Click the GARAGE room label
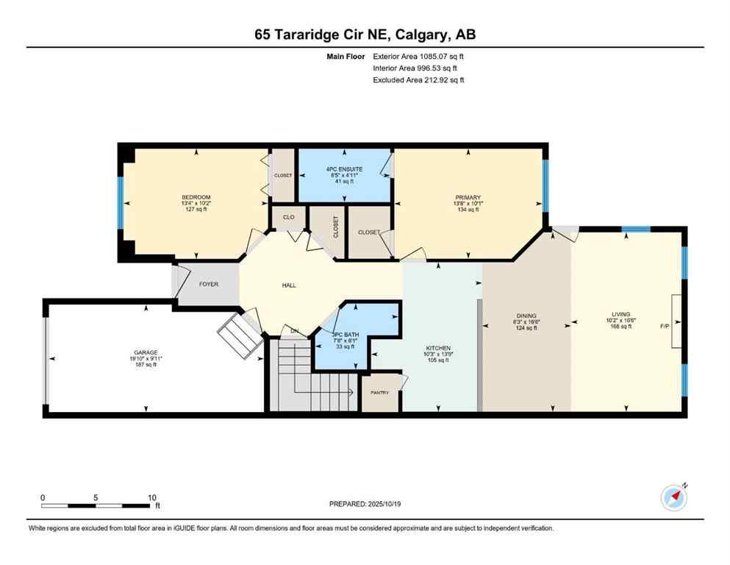pos(146,352)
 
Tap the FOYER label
pos(209,284)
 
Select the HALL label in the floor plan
pos(289,285)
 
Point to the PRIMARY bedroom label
pos(468,197)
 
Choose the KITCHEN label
pos(438,348)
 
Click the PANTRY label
pos(379,392)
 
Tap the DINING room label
pos(526,315)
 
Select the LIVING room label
pos(620,314)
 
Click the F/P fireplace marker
pos(665,325)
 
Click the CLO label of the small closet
pos(289,217)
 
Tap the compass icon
pos(673,497)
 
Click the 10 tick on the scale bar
pos(151,497)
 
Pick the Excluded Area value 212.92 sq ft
pos(437,79)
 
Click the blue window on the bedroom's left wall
pos(121,202)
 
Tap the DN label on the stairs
pos(294,331)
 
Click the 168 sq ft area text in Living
pos(620,327)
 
